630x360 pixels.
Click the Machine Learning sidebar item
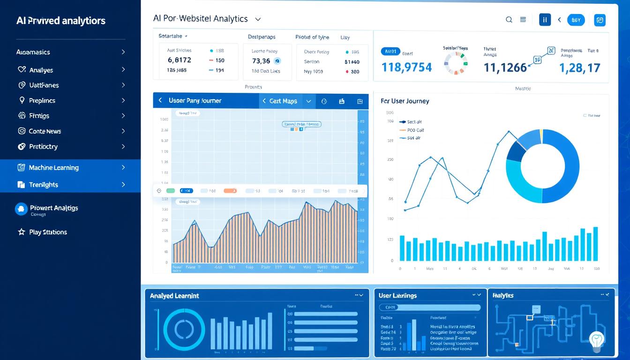click(x=53, y=168)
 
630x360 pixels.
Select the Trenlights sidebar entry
click(x=43, y=185)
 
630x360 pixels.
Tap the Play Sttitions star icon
click(x=21, y=232)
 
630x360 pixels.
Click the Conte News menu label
click(x=45, y=131)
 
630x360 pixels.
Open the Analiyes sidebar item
click(x=41, y=70)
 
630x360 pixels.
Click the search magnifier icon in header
click(x=509, y=20)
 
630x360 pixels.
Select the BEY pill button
click(x=576, y=20)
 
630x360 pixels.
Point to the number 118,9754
click(x=406, y=67)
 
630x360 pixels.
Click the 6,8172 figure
click(x=179, y=60)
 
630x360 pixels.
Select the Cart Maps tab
click(x=283, y=101)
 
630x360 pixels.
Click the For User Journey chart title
click(x=405, y=101)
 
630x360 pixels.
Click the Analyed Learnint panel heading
click(x=174, y=296)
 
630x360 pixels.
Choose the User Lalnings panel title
click(x=397, y=296)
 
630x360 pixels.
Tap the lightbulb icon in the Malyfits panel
click(x=597, y=339)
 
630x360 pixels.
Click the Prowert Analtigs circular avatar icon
click(x=21, y=209)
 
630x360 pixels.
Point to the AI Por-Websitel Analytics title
click(x=200, y=19)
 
